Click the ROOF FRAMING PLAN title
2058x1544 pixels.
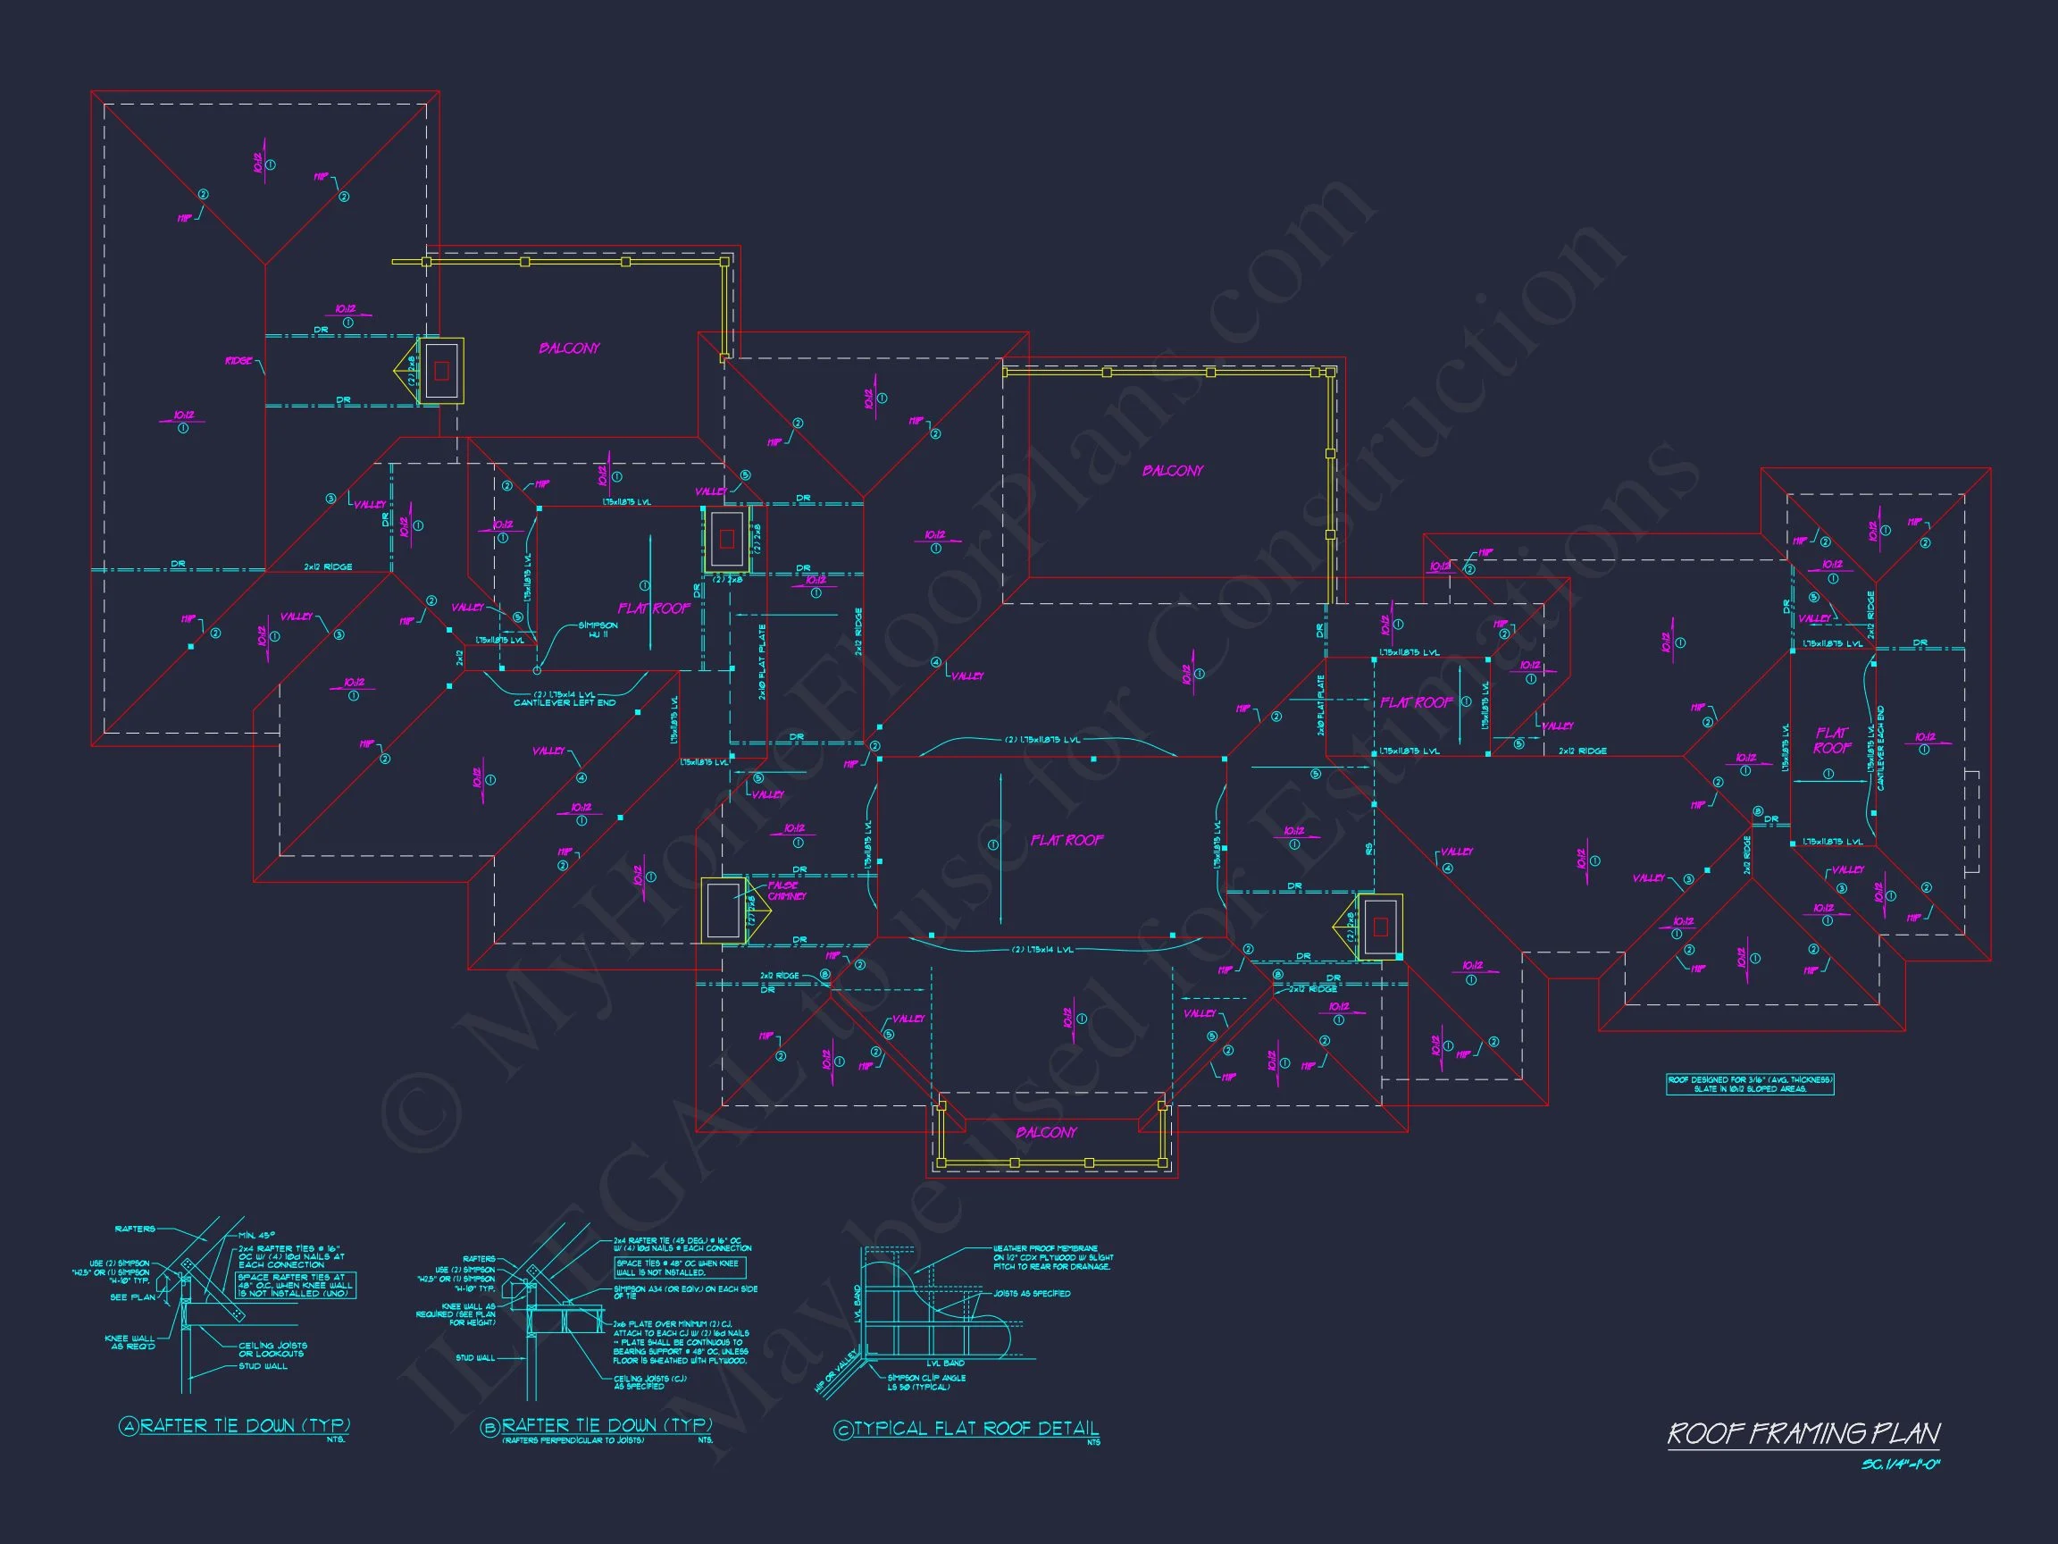(1803, 1433)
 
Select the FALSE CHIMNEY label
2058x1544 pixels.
(786, 891)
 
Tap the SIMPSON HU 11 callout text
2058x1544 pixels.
(598, 629)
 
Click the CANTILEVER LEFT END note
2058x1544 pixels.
(565, 702)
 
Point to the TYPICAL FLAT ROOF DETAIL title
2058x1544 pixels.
(976, 1429)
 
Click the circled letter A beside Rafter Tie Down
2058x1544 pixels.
(129, 1426)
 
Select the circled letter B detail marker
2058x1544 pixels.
(490, 1427)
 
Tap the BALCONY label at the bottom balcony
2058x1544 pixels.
(1046, 1133)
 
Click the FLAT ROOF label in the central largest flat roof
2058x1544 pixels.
(1067, 841)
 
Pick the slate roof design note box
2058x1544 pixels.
(1749, 1084)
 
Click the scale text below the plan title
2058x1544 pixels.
(1900, 1464)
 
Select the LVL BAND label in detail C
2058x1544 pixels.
(945, 1364)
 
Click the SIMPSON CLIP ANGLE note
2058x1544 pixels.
(925, 1382)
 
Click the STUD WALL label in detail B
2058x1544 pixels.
(475, 1358)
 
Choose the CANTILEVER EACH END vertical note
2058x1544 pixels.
(1880, 748)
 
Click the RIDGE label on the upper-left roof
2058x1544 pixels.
(238, 361)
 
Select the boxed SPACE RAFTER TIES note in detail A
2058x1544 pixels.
(295, 1285)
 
